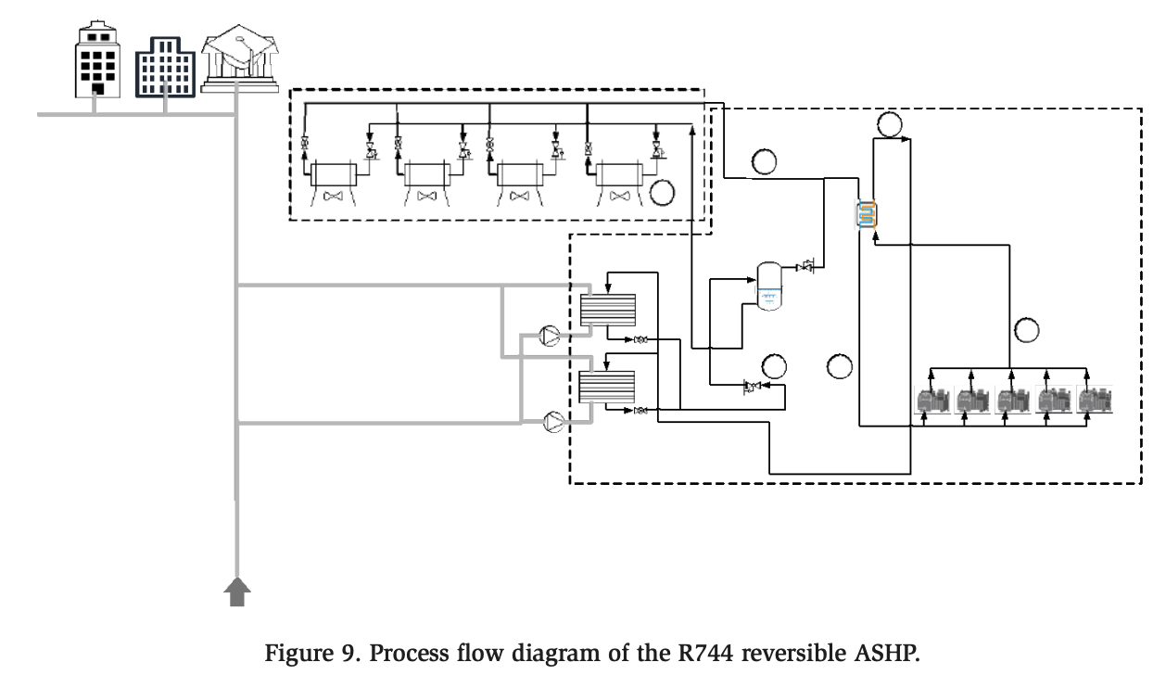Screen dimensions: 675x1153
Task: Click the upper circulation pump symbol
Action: [x=551, y=336]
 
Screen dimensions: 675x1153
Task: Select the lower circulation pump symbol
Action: [x=554, y=422]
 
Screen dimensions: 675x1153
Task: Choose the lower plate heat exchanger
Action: [x=607, y=387]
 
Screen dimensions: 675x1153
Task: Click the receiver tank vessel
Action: [x=768, y=285]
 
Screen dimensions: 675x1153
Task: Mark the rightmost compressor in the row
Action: [x=1095, y=401]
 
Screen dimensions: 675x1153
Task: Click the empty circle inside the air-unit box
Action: [x=663, y=193]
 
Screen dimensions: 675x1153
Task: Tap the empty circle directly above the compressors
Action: [x=1026, y=329]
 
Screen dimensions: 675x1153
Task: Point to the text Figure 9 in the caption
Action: [x=313, y=653]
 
